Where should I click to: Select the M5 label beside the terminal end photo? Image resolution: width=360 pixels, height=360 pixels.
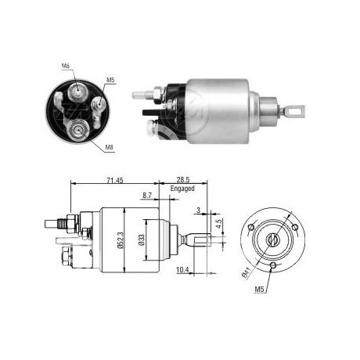[x=110, y=80]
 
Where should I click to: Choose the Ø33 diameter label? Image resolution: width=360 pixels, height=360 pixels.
[x=142, y=238]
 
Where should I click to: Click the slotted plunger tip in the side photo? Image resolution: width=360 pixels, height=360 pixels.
[x=294, y=112]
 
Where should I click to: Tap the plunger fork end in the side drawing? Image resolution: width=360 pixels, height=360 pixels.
[x=199, y=239]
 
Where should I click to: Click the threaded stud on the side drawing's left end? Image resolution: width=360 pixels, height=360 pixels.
[x=59, y=223]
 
